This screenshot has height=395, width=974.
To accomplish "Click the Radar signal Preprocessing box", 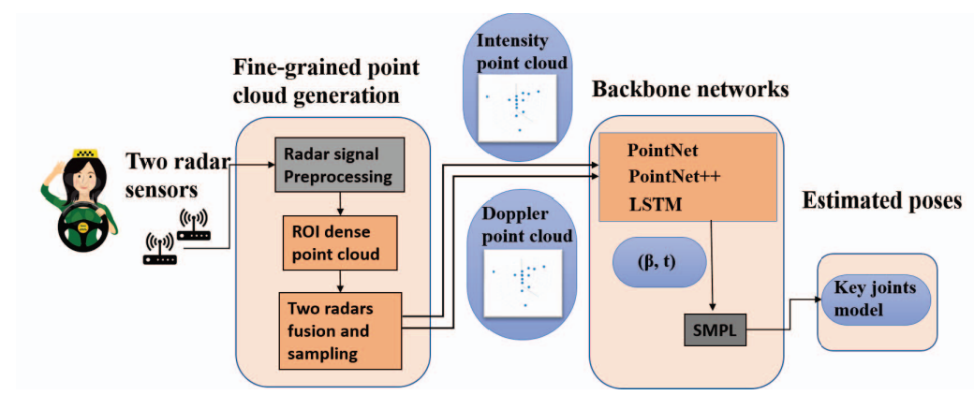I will tap(339, 165).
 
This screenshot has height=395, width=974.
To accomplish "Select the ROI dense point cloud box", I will tap(339, 241).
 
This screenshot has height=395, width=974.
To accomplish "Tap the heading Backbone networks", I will tap(690, 91).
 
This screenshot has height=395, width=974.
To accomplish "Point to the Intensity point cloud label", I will tap(522, 52).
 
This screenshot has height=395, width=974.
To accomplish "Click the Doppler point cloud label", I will tap(524, 227).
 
